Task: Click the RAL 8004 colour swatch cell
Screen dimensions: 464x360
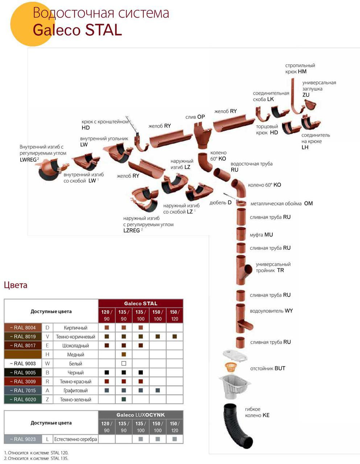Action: click(23, 328)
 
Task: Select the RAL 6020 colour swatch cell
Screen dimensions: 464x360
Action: click(23, 399)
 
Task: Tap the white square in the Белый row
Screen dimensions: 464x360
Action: click(124, 363)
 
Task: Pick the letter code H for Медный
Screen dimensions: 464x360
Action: click(47, 355)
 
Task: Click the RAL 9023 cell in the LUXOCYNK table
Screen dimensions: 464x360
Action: click(23, 439)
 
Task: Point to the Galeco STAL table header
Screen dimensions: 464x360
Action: click(141, 303)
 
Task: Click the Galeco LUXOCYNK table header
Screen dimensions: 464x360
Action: click(141, 415)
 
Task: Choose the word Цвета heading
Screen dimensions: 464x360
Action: click(16, 285)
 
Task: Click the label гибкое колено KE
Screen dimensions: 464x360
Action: click(257, 412)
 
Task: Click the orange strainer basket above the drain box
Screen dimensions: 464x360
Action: click(231, 367)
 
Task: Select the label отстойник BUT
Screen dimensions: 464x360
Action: click(268, 368)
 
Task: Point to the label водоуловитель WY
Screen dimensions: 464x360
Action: click(271, 311)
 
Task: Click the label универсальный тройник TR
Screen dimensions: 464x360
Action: click(273, 267)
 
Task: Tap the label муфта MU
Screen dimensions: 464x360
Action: click(261, 235)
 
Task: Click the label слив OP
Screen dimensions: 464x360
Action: click(195, 117)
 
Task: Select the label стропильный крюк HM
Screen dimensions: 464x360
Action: click(300, 69)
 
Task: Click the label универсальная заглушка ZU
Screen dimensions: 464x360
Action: click(319, 88)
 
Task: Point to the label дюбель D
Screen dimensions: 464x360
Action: click(220, 203)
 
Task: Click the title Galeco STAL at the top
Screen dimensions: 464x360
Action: click(77, 30)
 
